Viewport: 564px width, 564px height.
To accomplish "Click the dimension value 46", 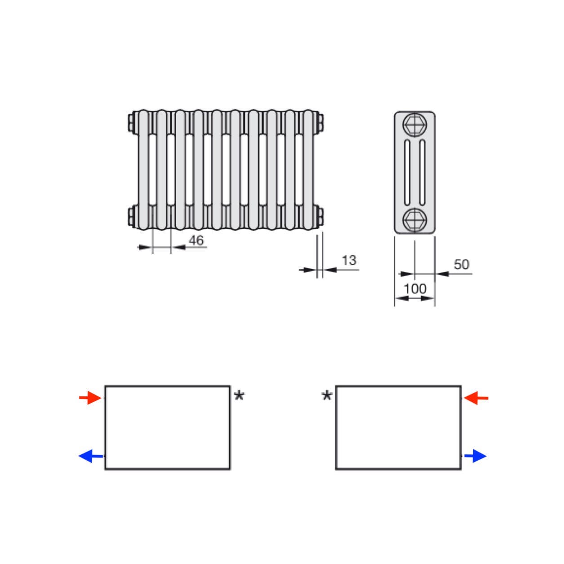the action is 196,240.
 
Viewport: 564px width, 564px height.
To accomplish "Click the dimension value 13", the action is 349,261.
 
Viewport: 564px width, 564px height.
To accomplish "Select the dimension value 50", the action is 461,264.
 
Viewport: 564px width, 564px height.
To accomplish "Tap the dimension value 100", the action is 415,289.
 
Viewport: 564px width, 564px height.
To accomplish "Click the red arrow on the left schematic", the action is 90,398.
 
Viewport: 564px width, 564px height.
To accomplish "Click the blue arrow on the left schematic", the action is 91,456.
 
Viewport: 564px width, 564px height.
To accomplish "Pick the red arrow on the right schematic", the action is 476,398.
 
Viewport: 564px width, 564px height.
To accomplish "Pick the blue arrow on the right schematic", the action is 475,456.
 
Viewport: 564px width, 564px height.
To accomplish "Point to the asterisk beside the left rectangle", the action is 239,396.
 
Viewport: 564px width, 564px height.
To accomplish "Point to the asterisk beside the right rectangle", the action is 327,396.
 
